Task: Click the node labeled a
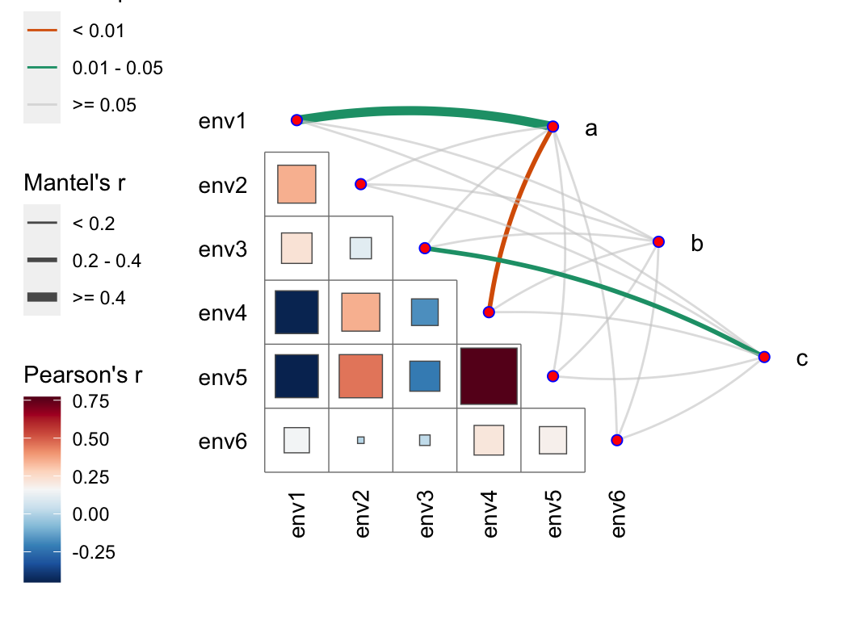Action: pyautogui.click(x=553, y=127)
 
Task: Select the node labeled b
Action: pyautogui.click(x=658, y=241)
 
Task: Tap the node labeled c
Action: pyautogui.click(x=764, y=356)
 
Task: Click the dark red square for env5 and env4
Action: pyautogui.click(x=488, y=375)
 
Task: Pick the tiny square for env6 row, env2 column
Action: pyautogui.click(x=361, y=440)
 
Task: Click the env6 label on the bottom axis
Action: pyautogui.click(x=619, y=513)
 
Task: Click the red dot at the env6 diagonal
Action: pyautogui.click(x=617, y=440)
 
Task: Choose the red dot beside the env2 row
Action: pyautogui.click(x=361, y=184)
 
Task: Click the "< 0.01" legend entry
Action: pyautogui.click(x=99, y=31)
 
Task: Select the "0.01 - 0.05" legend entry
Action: pyautogui.click(x=118, y=68)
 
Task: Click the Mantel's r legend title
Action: pyautogui.click(x=74, y=183)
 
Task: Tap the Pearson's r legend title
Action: pyautogui.click(x=83, y=375)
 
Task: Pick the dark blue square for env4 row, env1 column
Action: pyautogui.click(x=297, y=312)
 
